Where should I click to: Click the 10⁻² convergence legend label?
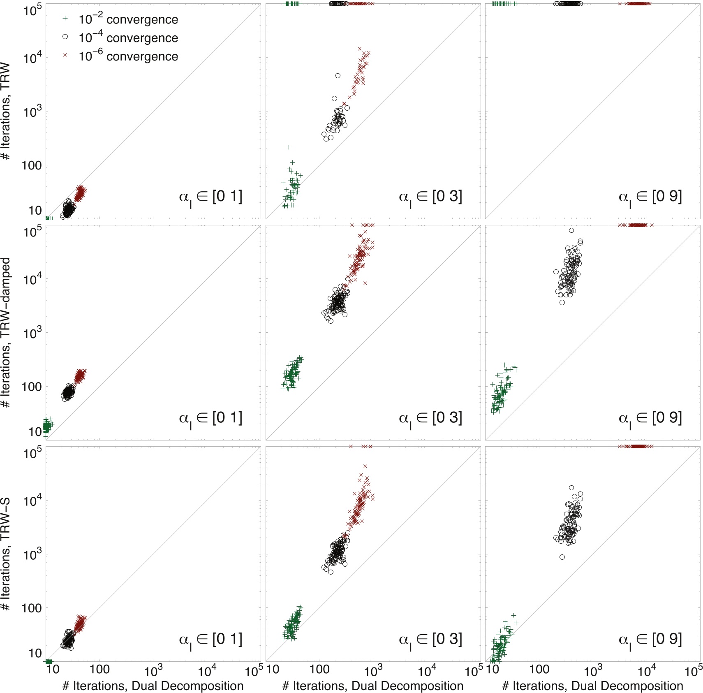click(128, 19)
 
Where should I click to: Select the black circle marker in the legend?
click(65, 37)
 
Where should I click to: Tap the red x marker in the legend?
click(65, 55)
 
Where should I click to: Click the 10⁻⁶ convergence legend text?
click(128, 56)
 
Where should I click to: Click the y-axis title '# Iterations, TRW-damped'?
click(6, 332)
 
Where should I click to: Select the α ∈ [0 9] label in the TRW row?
click(650, 197)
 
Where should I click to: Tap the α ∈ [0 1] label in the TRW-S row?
click(210, 640)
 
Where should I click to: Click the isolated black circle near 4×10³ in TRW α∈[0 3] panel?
click(338, 76)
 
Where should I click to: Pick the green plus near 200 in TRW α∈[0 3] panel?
click(289, 147)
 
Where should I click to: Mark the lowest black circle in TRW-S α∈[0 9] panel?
click(562, 557)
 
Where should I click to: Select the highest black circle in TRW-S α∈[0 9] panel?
click(571, 488)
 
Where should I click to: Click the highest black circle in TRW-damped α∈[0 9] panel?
click(571, 230)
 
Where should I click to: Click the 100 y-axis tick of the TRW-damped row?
click(32, 387)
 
